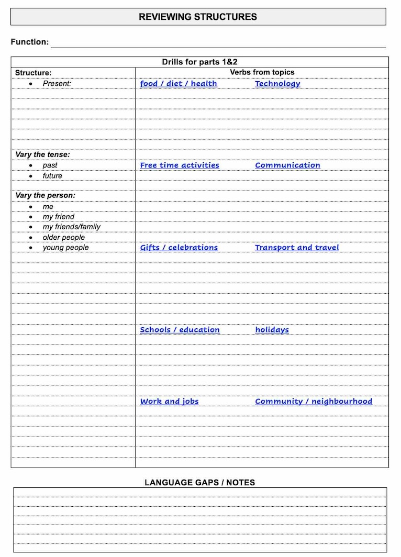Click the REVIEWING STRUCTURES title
click(198, 17)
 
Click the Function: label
click(30, 42)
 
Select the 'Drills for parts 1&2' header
click(199, 62)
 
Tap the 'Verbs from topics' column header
click(262, 72)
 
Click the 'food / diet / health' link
click(179, 84)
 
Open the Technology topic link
click(277, 84)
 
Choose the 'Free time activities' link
click(180, 165)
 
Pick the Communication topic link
click(287, 165)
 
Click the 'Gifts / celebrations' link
click(179, 248)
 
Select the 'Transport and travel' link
click(297, 248)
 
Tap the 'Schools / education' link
click(180, 330)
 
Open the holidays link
click(272, 330)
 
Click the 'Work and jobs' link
click(169, 402)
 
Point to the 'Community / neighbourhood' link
click(314, 402)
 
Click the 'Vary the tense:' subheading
click(42, 154)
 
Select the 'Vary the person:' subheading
click(45, 195)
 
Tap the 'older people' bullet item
click(63, 237)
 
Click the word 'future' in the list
click(52, 176)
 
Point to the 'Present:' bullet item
click(57, 83)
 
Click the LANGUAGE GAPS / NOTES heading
click(199, 482)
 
